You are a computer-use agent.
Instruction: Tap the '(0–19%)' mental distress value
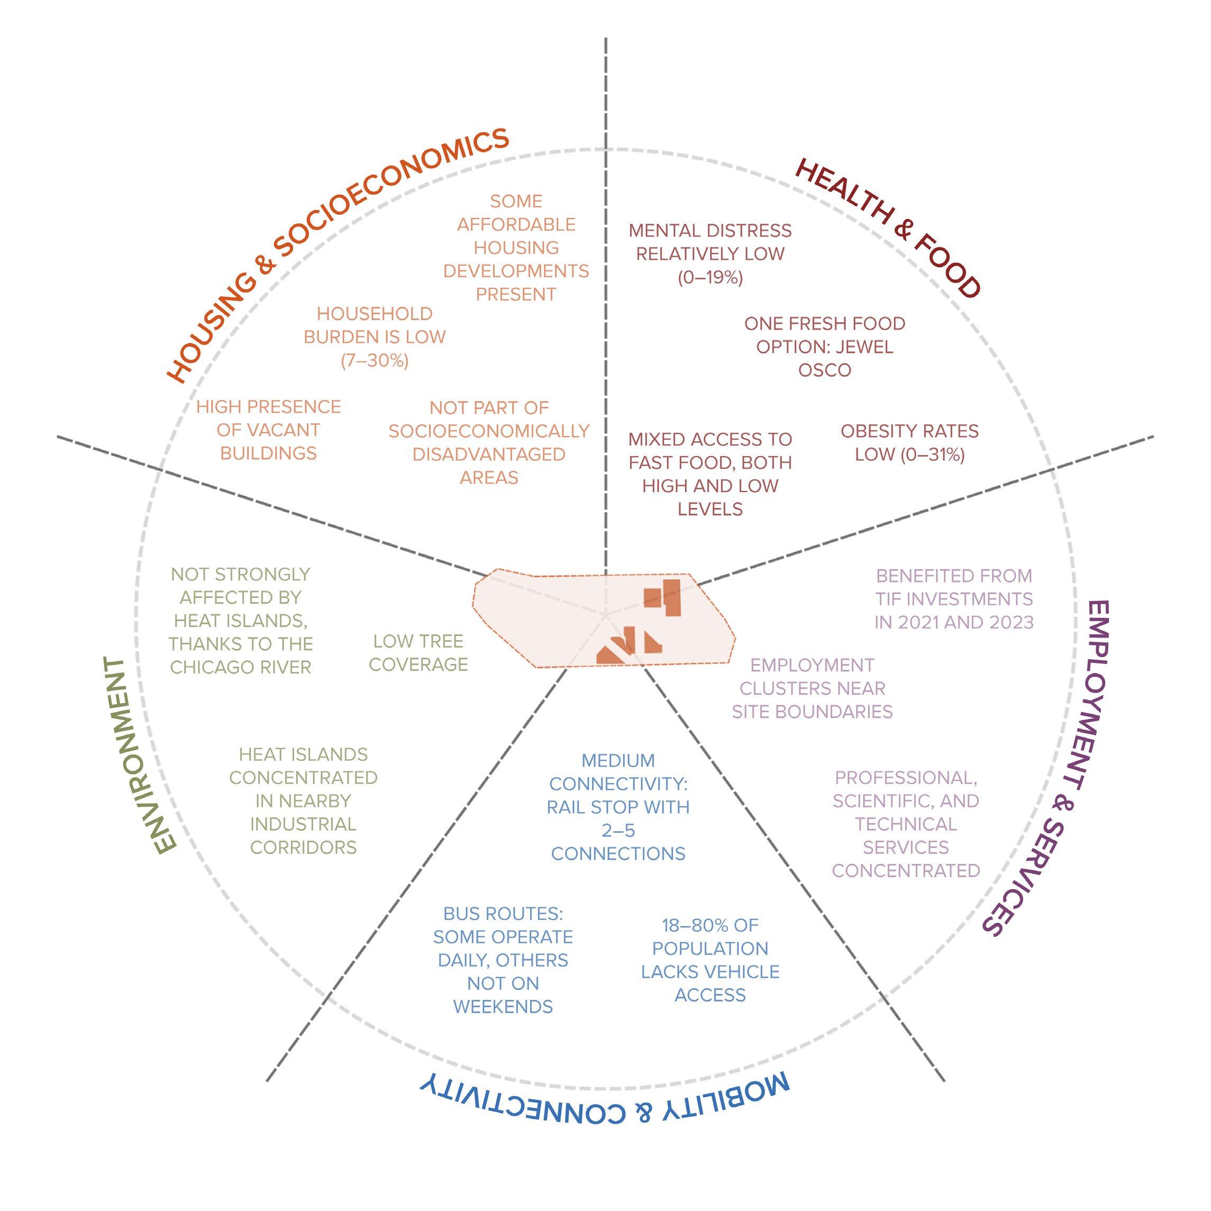click(x=710, y=278)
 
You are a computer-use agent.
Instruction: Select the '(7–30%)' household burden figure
click(x=374, y=361)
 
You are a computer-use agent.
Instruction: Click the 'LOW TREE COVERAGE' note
click(x=418, y=652)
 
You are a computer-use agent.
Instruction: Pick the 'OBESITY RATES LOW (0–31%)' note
click(x=909, y=442)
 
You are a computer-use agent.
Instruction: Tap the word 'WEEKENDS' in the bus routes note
click(x=503, y=1007)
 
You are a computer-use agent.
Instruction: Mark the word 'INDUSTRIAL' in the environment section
click(x=303, y=824)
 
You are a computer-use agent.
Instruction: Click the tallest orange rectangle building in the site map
click(x=671, y=598)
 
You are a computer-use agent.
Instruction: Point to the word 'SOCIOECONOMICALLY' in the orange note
click(x=489, y=431)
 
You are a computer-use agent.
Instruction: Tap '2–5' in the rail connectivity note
click(x=618, y=831)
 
